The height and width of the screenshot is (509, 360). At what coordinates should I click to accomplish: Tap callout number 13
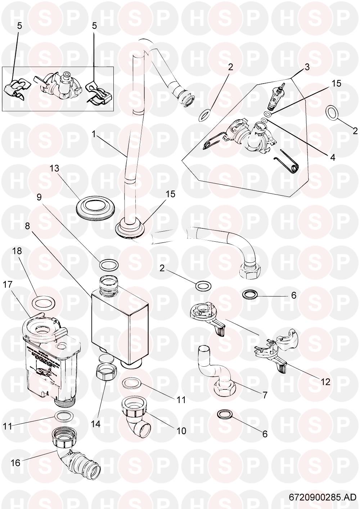coord(54,168)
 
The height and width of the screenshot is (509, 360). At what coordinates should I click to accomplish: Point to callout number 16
coord(15,462)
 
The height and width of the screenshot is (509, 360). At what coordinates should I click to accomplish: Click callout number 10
coord(181,430)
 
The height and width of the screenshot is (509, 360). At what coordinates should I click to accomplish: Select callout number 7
coord(265,395)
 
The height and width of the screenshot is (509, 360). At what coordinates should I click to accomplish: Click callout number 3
coord(307,67)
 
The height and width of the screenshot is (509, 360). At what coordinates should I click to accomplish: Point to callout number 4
coord(332,157)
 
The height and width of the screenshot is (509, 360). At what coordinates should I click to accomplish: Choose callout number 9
coord(39,197)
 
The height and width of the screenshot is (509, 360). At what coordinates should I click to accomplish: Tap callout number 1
coord(94,134)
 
